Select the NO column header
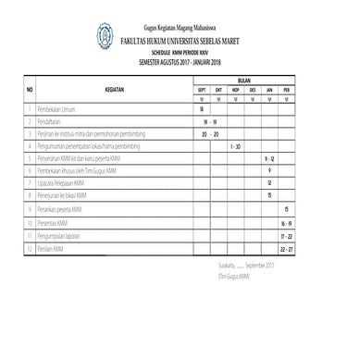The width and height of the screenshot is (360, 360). (30, 89)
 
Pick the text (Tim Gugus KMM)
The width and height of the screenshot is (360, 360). (233, 276)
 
